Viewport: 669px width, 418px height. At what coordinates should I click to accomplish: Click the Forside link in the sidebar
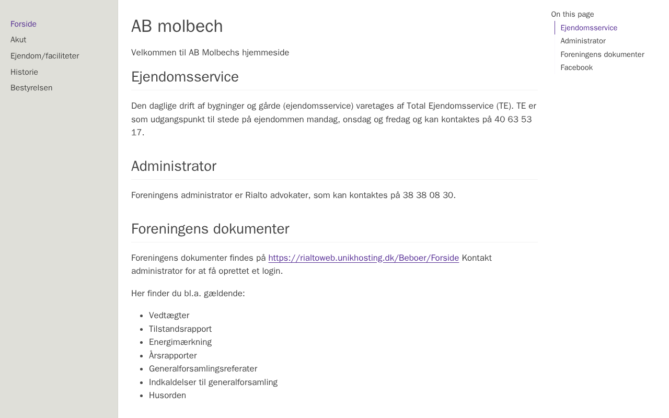click(24, 24)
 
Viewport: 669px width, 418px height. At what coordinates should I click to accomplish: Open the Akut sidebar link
click(18, 40)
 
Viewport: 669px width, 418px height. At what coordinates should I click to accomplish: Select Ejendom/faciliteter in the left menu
click(45, 56)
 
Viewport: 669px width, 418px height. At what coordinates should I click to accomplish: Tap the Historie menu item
click(24, 72)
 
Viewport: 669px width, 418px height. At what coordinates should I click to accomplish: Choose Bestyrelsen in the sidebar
click(31, 88)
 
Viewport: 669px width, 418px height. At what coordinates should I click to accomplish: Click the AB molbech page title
click(177, 26)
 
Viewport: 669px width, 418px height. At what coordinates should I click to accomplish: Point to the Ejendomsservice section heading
click(184, 77)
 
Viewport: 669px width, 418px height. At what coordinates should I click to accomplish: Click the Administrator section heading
click(174, 166)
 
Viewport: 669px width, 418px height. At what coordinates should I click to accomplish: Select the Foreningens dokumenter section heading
click(210, 229)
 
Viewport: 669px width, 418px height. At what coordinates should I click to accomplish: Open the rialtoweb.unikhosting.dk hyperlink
click(363, 258)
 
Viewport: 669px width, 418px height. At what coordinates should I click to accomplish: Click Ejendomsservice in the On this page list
click(589, 28)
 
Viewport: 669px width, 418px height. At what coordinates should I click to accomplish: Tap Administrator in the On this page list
click(583, 41)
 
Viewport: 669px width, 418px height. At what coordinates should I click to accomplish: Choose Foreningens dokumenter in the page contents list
click(602, 54)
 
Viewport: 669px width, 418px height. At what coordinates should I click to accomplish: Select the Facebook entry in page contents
click(576, 67)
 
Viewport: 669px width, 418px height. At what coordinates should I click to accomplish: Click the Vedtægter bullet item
click(169, 316)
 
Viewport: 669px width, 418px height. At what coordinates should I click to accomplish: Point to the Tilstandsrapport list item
click(180, 329)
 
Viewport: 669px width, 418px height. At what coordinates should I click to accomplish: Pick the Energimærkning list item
click(180, 342)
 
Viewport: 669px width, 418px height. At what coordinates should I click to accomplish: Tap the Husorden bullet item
click(167, 396)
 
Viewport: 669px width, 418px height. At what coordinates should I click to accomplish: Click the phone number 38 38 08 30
click(428, 195)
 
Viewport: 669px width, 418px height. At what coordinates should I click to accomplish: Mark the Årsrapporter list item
click(172, 356)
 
